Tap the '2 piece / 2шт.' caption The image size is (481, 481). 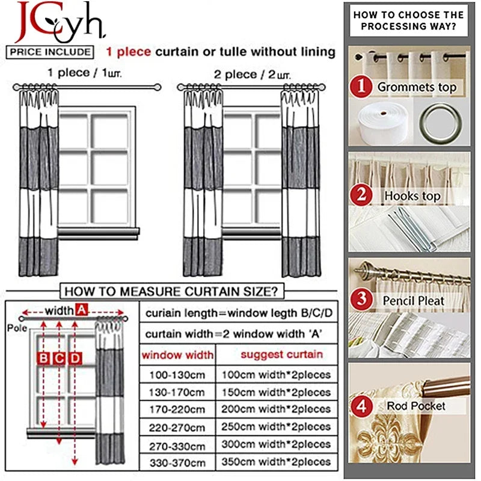247,75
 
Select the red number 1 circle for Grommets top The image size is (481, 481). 361,87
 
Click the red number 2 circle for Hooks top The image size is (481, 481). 361,195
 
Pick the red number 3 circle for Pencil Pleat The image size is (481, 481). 361,299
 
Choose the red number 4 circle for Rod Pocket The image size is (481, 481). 361,406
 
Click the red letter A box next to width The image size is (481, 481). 82,310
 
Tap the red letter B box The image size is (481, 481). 44,358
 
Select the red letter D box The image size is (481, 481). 75,358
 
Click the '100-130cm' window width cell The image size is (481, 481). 177,375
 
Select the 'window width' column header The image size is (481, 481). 177,355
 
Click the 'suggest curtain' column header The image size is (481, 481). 281,354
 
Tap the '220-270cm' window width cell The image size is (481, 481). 177,427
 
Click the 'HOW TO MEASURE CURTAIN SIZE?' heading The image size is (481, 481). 171,292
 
